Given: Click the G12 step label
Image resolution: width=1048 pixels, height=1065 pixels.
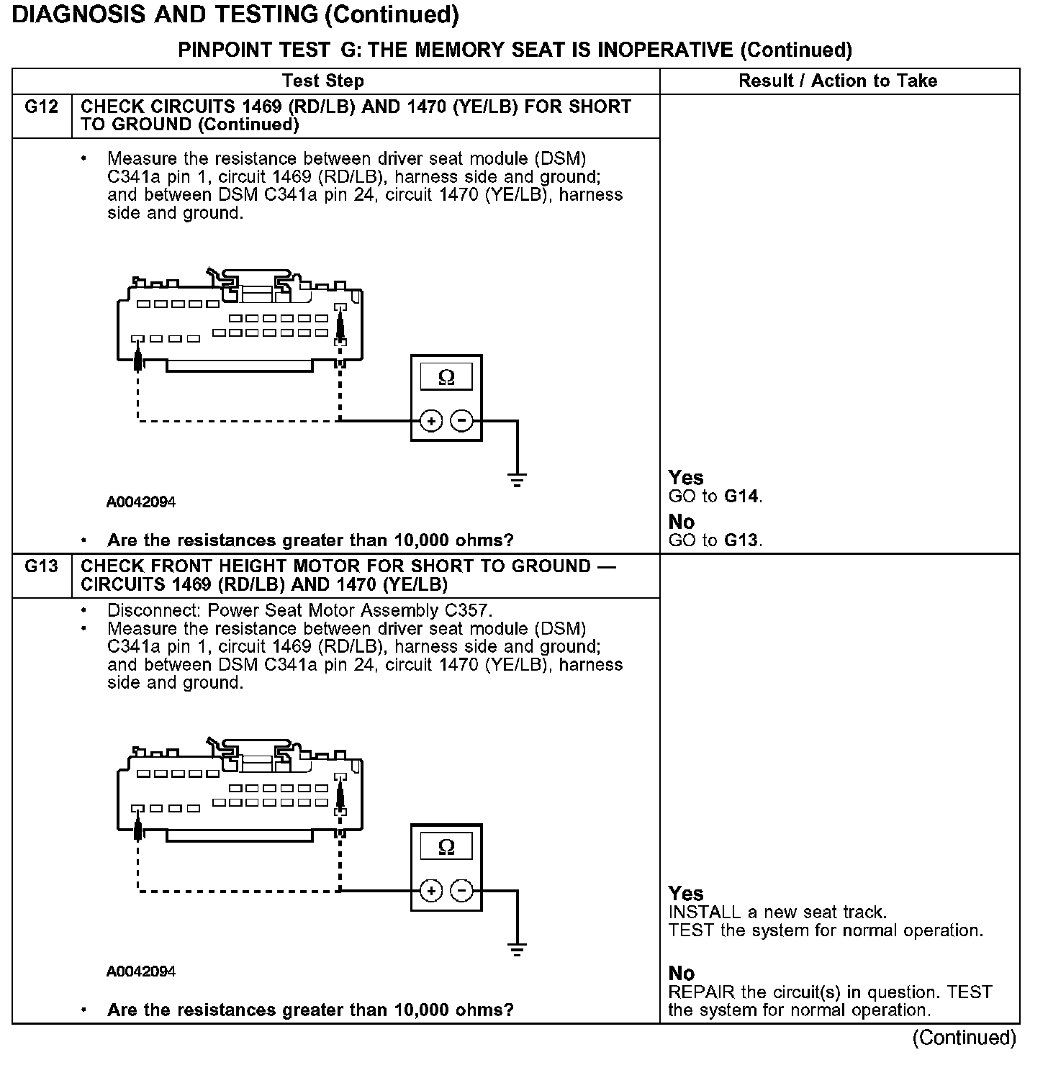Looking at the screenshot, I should pyautogui.click(x=41, y=106).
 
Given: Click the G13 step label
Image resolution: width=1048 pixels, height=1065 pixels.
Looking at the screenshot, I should pyautogui.click(x=41, y=566).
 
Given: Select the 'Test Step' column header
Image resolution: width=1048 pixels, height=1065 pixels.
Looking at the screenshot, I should pyautogui.click(x=323, y=81).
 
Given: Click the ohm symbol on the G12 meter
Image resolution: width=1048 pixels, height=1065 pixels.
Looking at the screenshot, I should pyautogui.click(x=446, y=377).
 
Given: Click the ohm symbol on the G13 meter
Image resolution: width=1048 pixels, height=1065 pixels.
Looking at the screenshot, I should pyautogui.click(x=446, y=846).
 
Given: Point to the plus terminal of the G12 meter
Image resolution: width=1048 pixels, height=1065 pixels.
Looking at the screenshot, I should pyautogui.click(x=430, y=421).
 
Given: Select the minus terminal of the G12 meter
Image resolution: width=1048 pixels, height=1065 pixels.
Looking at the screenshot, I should pyautogui.click(x=462, y=421).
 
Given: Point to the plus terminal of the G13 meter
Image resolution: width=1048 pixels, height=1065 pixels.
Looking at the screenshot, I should pyautogui.click(x=430, y=891).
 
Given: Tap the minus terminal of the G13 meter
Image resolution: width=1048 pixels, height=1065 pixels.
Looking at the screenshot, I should pyautogui.click(x=462, y=891).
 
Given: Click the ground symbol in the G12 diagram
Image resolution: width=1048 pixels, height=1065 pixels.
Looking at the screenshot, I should pyautogui.click(x=517, y=479).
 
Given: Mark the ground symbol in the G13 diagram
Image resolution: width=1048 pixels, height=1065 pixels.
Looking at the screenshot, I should pyautogui.click(x=517, y=949).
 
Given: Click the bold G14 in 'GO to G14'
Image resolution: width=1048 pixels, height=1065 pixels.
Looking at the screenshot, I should pyautogui.click(x=741, y=496).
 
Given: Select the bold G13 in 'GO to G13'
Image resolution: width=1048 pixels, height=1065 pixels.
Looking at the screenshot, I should pyautogui.click(x=741, y=540).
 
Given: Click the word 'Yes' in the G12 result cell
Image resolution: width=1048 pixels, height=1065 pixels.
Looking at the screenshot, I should pyautogui.click(x=686, y=477).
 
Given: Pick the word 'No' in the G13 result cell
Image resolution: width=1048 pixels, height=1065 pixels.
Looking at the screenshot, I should pyautogui.click(x=682, y=974).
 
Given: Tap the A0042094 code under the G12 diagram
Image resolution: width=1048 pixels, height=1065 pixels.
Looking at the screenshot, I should pyautogui.click(x=141, y=502).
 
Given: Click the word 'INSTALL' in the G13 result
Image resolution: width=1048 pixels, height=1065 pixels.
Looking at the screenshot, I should pyautogui.click(x=705, y=912).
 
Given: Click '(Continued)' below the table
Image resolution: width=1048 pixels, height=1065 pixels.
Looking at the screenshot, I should pyautogui.click(x=964, y=1038).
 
